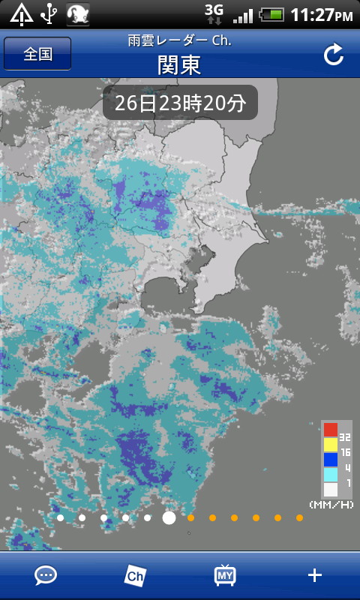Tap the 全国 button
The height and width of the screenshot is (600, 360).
point(37,54)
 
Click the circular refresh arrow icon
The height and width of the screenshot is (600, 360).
point(333,54)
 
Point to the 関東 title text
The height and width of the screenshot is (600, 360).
point(179,64)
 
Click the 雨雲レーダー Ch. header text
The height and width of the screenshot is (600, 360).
point(179,40)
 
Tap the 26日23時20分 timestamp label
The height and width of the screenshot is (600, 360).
point(180,103)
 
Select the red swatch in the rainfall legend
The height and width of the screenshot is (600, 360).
point(330,430)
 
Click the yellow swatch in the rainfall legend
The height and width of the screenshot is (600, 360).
point(330,445)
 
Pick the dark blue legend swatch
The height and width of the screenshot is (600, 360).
point(330,460)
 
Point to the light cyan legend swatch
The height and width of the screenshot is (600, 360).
point(330,475)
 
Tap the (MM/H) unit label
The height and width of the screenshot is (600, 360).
point(331,504)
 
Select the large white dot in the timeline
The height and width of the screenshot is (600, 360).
point(169,517)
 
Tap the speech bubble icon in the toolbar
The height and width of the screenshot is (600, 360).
point(46,575)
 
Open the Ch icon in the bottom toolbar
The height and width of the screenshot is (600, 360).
point(135,575)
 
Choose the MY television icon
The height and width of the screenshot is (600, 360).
point(225,575)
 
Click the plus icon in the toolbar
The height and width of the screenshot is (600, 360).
point(315,575)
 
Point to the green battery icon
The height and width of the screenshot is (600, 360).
point(271,14)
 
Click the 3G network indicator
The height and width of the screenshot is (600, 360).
point(214,10)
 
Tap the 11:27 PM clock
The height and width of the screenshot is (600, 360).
point(321,15)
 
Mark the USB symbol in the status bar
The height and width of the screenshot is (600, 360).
point(49,13)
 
